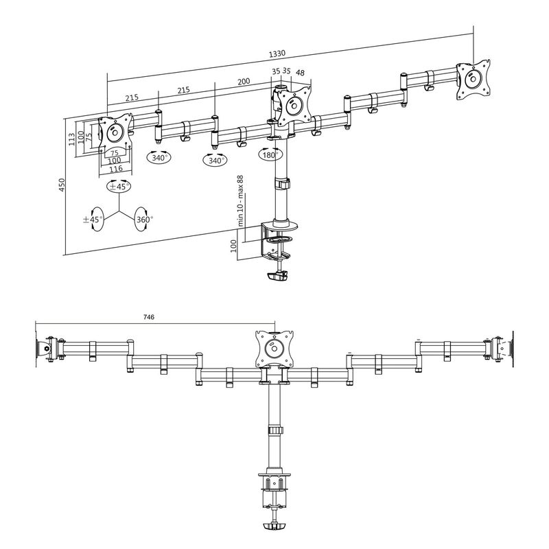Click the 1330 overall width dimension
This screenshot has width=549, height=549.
click(x=277, y=54)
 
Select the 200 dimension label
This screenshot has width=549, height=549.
click(x=244, y=82)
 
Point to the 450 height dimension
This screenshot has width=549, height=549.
click(x=62, y=186)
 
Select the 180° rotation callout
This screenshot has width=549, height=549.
click(x=270, y=155)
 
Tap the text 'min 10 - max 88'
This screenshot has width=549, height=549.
click(x=241, y=200)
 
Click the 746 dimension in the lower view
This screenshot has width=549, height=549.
click(x=149, y=317)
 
